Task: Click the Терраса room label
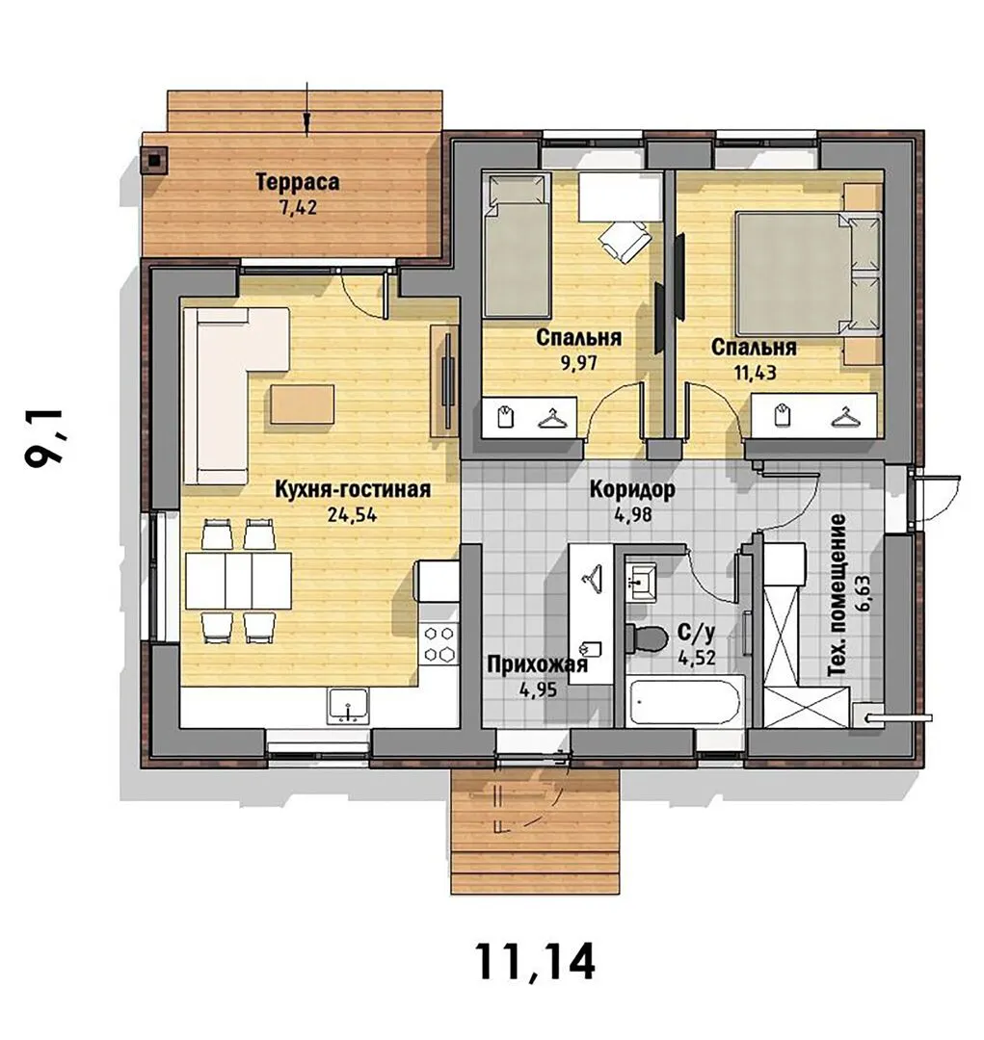pos(298,182)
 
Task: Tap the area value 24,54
pos(352,514)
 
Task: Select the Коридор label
pos(632,489)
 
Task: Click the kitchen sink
pos(349,706)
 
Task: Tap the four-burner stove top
pos(439,643)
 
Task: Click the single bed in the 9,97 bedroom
pos(517,244)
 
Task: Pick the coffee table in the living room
pos(302,404)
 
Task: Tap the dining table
pos(238,581)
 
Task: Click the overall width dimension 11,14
pos(535,962)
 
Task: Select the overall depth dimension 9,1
pos(43,438)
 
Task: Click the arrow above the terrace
pos(306,109)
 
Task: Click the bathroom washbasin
pos(641,582)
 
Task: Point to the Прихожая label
pos(538,663)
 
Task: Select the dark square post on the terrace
pos(155,160)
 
